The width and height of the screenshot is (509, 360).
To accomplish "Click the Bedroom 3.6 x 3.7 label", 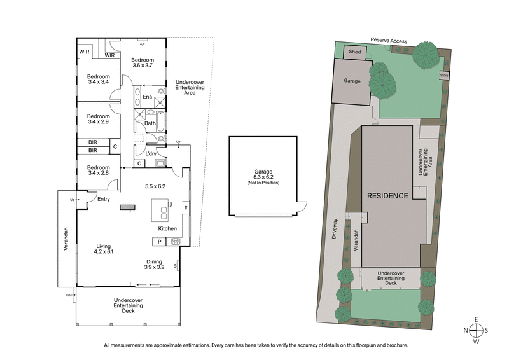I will coord(143,62).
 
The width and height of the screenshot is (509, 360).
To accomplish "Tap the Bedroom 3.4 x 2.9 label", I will coord(98,120).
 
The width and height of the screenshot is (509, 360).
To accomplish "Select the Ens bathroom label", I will coord(147,97).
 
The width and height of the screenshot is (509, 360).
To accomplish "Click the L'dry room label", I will coord(151,154).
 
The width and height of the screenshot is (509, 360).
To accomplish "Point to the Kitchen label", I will coord(167,228).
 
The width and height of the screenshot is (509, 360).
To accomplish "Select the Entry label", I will coord(104,199).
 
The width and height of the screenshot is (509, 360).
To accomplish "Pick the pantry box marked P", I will coord(158,242).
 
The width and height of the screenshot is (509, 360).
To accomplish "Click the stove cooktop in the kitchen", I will coord(176,242).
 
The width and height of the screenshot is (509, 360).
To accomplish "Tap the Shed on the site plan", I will coord(354,52).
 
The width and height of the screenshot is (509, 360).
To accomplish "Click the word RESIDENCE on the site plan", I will coord(386,196).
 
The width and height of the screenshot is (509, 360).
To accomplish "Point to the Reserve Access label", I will coord(389,41).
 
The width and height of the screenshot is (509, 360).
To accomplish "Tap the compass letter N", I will coord(466,330).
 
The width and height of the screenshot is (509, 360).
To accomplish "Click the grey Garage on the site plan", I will coord(352,81).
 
